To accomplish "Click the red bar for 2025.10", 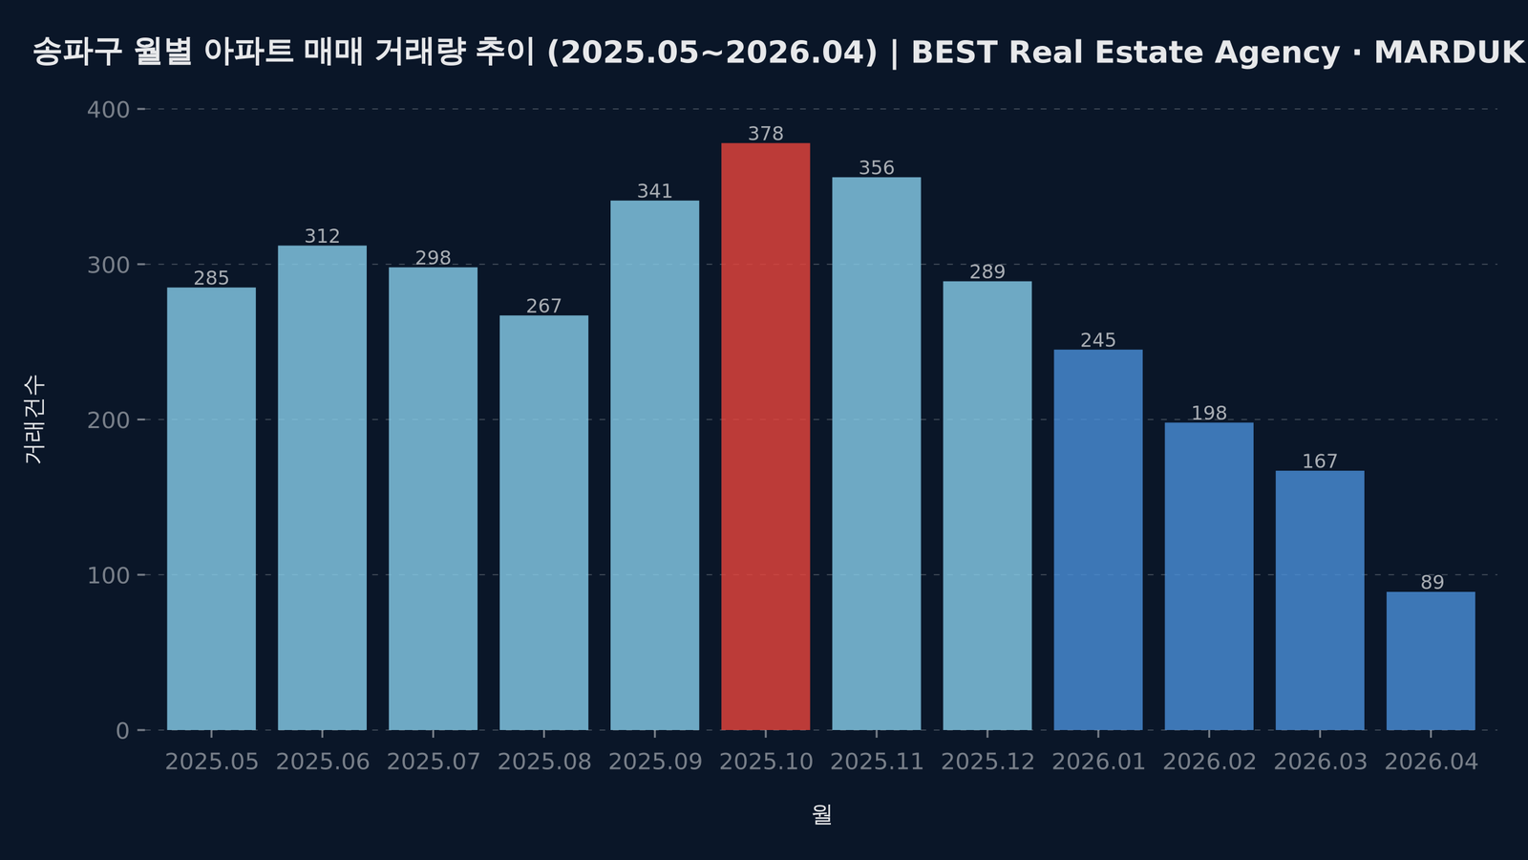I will tap(765, 437).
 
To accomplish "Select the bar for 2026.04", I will tap(1430, 661).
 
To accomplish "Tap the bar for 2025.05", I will tap(211, 508).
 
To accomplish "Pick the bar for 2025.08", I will tap(543, 523).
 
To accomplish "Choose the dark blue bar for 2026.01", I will tap(1097, 540).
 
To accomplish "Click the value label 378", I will tap(765, 134).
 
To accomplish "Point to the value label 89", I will tap(1432, 583).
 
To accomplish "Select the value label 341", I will tap(654, 191).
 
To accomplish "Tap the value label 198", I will tap(1208, 413).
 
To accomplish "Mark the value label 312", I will tap(322, 236).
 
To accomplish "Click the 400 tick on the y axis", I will tap(108, 110).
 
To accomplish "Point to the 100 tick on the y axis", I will tap(108, 575).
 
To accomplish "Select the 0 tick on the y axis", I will tap(121, 731).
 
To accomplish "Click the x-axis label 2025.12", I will tap(987, 762).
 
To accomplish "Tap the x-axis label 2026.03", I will tap(1320, 762).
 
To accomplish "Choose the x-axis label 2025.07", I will tap(433, 762).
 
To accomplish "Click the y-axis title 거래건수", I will tap(34, 419).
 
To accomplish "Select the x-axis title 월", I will tap(821, 814).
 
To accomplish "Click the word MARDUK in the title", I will tap(1448, 53).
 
